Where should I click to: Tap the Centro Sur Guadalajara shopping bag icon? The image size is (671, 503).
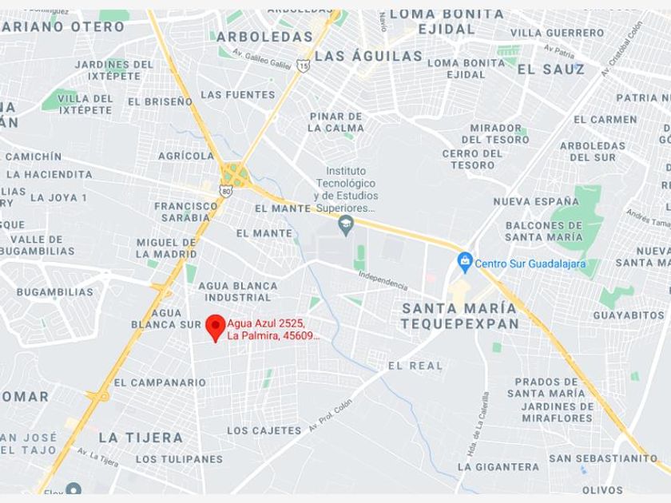[465, 261]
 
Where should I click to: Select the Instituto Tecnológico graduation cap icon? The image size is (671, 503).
[346, 222]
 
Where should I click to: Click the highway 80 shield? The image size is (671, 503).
[227, 190]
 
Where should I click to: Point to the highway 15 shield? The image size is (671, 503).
[303, 65]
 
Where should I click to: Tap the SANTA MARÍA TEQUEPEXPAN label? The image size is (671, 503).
[459, 315]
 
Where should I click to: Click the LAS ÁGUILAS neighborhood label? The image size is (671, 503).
[368, 56]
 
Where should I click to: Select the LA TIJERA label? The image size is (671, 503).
[141, 438]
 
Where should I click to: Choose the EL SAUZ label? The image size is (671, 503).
[551, 69]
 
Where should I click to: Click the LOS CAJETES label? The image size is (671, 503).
[264, 430]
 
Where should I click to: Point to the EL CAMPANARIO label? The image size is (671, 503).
[160, 382]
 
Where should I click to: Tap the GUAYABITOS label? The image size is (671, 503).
[629, 315]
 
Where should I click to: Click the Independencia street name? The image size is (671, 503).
[383, 280]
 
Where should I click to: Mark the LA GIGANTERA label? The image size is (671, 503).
[498, 467]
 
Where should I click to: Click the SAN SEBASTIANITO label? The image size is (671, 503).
[603, 458]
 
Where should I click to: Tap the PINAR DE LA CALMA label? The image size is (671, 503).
[336, 121]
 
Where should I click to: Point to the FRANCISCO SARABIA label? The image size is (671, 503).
[186, 211]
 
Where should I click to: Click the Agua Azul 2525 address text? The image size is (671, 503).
[273, 329]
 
